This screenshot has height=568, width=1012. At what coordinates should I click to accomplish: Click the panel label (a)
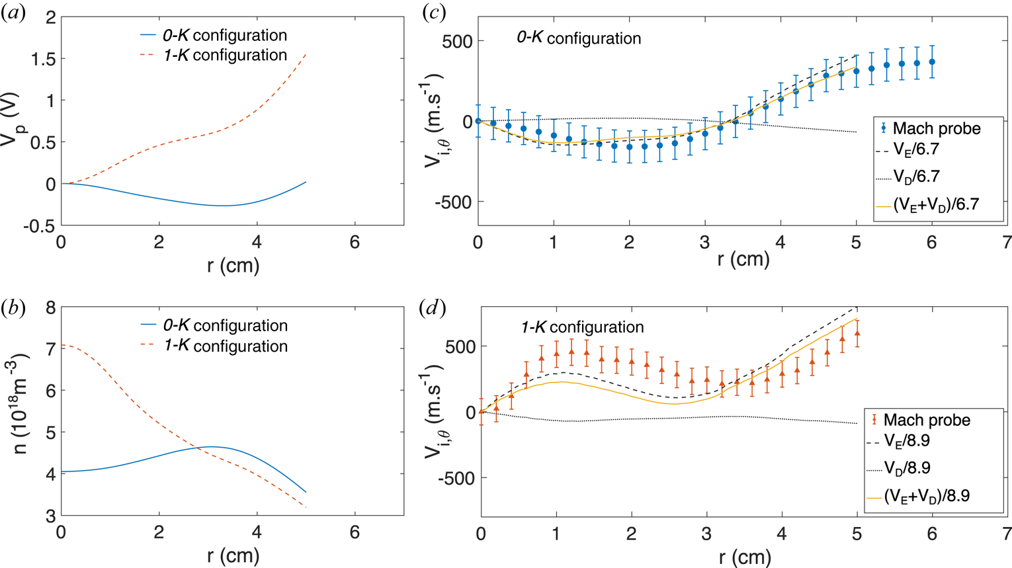13,13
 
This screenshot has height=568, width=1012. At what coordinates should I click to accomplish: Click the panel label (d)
433,307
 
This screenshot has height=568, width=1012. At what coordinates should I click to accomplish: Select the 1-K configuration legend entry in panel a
225,55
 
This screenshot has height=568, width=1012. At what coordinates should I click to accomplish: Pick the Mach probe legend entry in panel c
936,128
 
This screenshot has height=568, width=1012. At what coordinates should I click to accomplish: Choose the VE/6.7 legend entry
916,149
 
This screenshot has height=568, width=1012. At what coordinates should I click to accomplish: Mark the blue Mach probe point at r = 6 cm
932,62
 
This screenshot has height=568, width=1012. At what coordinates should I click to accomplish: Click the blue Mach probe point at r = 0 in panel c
478,122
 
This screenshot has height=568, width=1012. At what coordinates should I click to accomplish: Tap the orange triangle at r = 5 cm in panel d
857,334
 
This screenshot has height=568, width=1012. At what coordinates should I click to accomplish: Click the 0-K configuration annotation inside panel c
579,38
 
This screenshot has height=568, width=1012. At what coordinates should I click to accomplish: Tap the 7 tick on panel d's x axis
1007,532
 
